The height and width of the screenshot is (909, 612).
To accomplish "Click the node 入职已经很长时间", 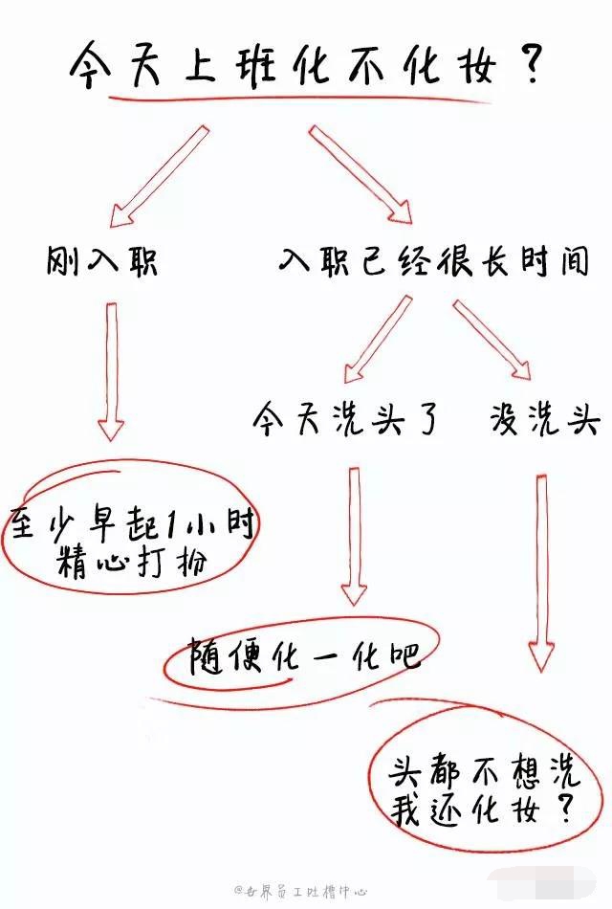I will tap(432, 259).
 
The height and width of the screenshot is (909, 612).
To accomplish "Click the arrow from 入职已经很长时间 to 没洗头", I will tap(492, 339).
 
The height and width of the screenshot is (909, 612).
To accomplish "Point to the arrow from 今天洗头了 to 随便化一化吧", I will tap(355, 536).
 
